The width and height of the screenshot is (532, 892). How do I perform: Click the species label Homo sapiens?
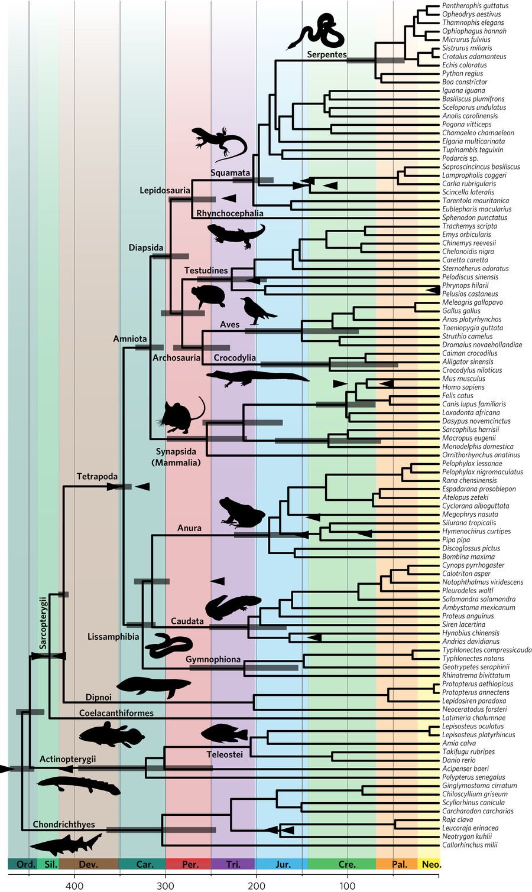pyautogui.click(x=463, y=387)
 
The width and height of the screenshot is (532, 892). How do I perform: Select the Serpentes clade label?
pyautogui.click(x=326, y=54)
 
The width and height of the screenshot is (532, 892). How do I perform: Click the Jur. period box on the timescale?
pyautogui.click(x=283, y=864)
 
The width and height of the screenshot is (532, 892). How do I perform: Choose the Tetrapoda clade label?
pyautogui.click(x=97, y=476)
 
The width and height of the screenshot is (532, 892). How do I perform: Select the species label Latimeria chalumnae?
pyautogui.click(x=473, y=718)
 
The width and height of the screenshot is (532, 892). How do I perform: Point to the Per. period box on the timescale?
pyautogui.click(x=189, y=864)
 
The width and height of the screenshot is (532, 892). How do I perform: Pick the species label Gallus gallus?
pyautogui.click(x=461, y=311)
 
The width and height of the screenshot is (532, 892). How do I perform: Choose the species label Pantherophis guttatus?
pyautogui.click(x=475, y=6)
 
